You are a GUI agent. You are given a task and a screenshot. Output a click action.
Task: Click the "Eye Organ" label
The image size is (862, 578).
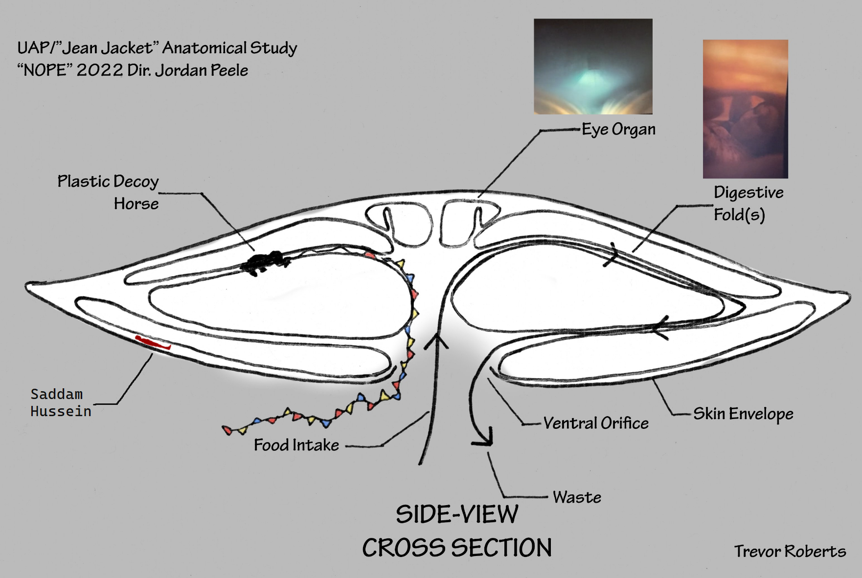coord(618,130)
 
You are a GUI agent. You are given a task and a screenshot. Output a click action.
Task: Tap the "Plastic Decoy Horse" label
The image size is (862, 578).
coord(108,192)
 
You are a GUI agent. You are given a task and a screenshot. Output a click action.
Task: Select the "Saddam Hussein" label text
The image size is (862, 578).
coord(61,402)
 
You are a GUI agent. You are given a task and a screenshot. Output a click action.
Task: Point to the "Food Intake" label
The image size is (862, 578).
coord(296,445)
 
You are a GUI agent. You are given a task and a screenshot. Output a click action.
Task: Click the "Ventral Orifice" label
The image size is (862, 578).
coord(596,423)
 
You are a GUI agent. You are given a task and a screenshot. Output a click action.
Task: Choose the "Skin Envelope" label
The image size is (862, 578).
coord(743,414)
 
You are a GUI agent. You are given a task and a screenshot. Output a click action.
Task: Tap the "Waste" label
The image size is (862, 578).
coord(577,497)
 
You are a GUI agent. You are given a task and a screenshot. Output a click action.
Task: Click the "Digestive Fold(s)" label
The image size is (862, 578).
coord(749,203)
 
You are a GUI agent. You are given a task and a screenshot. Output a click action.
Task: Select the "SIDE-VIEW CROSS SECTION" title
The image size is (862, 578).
coord(457,531)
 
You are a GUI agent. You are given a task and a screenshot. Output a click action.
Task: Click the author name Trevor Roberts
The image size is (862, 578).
coord(790,551)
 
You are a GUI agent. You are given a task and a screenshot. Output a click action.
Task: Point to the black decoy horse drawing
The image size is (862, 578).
coord(266,263)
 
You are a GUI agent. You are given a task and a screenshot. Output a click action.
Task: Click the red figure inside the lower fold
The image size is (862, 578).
coord(153,343)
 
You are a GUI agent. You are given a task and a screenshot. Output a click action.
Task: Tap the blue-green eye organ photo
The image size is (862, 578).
coord(593,67)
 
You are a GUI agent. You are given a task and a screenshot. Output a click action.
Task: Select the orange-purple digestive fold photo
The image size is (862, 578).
coord(746,109)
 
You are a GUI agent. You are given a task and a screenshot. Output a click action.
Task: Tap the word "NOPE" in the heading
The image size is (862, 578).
coord(45,70)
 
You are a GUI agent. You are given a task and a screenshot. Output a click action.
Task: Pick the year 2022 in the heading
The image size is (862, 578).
coord(100,70)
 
